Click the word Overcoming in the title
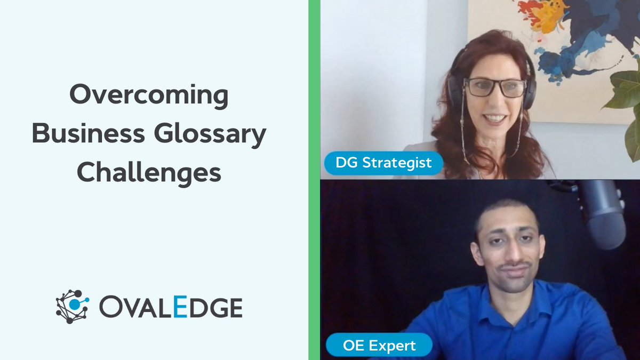coord(149,97)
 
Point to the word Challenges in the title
coord(149,173)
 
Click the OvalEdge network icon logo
coord(73,307)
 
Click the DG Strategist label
coord(383,162)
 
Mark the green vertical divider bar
coord(314,180)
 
